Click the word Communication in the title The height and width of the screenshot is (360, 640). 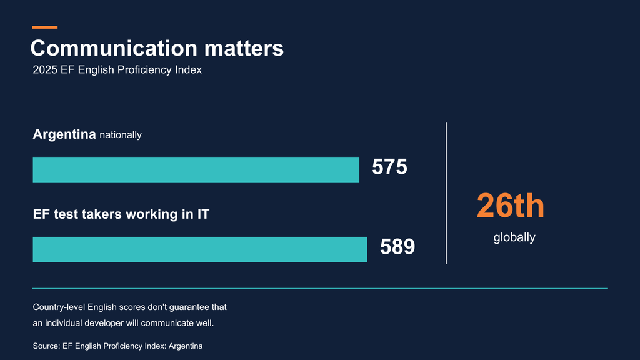point(114,48)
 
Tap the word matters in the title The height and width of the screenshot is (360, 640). point(244,48)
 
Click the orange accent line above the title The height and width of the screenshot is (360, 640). point(45,27)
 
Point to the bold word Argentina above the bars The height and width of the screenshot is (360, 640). point(64,134)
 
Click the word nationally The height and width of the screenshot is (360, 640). point(121,135)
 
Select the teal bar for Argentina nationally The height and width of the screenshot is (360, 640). point(196,169)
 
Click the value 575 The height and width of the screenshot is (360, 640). point(389,167)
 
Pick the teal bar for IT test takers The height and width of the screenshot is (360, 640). point(200,249)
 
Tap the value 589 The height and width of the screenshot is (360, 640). point(397,247)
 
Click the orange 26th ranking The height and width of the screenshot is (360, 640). point(511,205)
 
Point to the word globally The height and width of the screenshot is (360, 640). point(514,237)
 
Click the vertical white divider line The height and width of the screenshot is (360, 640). point(446,193)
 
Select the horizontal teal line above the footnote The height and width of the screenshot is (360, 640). point(320,288)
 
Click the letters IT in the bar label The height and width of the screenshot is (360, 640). point(203,214)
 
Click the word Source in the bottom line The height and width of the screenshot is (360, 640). point(46,346)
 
